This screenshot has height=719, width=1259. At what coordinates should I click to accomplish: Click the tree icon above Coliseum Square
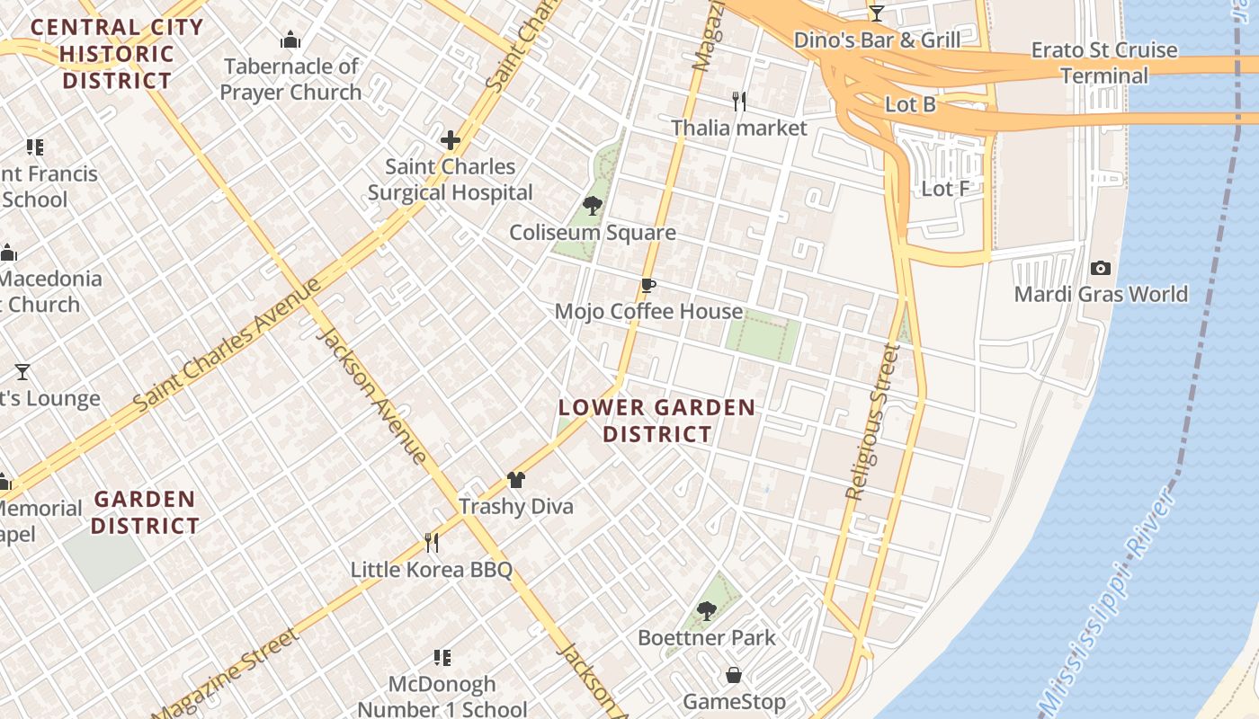tap(592, 206)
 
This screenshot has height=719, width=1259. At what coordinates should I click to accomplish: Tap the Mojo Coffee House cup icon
tap(647, 286)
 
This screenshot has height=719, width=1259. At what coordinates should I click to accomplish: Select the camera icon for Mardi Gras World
tap(1100, 268)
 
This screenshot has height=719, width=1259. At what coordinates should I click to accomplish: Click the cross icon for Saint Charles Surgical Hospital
tap(451, 140)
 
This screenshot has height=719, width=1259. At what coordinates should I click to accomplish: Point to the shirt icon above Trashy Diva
tap(516, 480)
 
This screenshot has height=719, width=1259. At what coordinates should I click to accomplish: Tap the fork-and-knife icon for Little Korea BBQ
tap(432, 542)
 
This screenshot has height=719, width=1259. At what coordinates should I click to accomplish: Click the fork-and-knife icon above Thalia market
tap(739, 101)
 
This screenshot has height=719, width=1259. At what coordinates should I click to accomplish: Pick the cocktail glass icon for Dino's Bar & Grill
tap(877, 13)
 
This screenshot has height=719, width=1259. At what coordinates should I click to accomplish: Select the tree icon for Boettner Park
tap(707, 611)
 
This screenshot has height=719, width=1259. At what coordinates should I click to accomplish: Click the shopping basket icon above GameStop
tap(734, 675)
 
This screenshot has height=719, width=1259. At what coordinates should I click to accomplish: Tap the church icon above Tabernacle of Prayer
tap(290, 40)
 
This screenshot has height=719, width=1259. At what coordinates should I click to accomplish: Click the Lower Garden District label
tap(656, 421)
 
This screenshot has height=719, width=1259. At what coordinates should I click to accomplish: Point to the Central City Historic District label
tap(117, 54)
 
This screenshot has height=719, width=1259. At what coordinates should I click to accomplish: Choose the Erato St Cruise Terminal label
tap(1104, 62)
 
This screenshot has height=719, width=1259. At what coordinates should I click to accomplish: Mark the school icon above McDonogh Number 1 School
tap(442, 658)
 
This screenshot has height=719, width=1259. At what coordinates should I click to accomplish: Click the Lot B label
tap(910, 104)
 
